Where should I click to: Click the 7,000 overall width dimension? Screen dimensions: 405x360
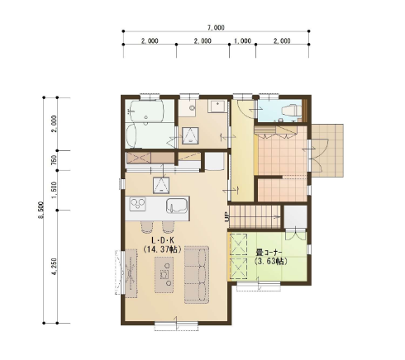tap(216, 28)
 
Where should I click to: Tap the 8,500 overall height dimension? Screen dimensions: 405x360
tap(41, 210)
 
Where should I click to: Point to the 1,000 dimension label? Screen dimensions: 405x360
tap(242, 41)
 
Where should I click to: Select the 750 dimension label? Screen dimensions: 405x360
tap(55, 160)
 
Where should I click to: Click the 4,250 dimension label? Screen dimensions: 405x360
tap(55, 267)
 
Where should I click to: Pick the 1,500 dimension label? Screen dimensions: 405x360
tap(55, 190)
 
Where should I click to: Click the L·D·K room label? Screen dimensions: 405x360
tap(163, 240)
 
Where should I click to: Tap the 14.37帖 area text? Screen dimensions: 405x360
tap(163, 249)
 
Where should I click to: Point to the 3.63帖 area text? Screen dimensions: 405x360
tap(271, 261)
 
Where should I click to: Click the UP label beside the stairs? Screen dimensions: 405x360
tap(226, 217)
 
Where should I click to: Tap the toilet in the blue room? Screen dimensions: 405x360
tap(289, 110)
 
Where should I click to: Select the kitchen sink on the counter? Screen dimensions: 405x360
tap(177, 206)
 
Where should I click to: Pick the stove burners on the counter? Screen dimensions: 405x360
tap(137, 204)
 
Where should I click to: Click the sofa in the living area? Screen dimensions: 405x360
tap(197, 275)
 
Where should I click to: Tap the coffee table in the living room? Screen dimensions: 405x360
tap(164, 275)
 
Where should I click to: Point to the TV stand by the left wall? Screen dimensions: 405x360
tap(131, 273)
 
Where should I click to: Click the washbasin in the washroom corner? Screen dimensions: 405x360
tap(217, 107)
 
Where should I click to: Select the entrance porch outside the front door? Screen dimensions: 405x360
tap(327, 150)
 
